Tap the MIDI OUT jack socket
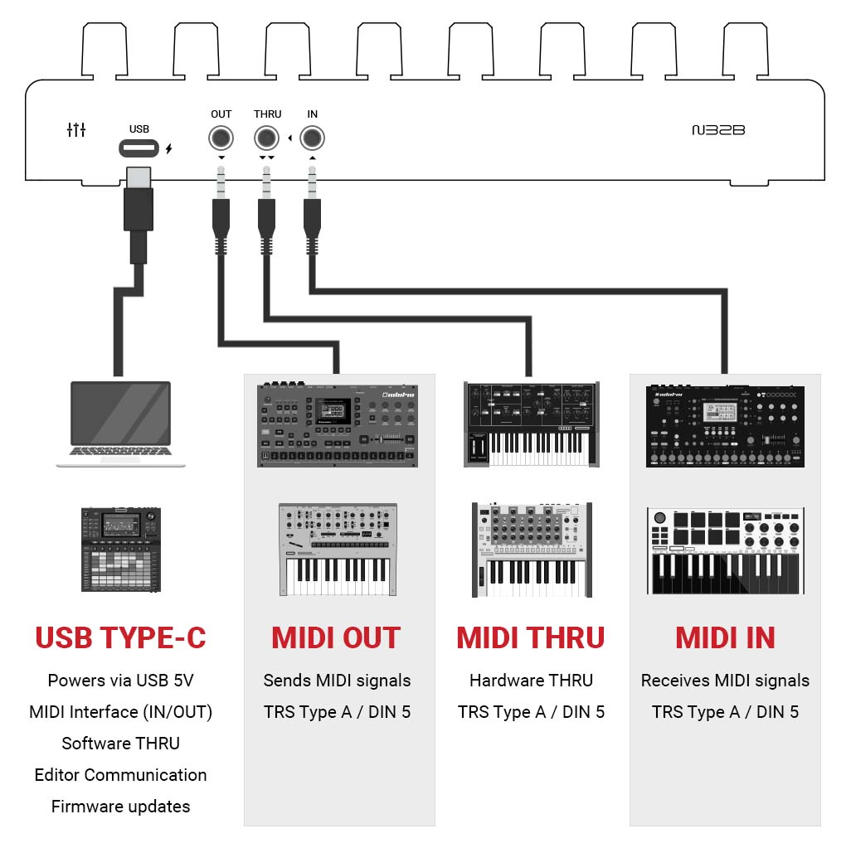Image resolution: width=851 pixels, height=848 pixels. [221, 138]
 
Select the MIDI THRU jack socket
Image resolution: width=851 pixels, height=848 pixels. [266, 138]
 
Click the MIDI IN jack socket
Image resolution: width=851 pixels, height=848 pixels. [312, 138]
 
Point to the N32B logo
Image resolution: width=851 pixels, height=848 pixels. [718, 130]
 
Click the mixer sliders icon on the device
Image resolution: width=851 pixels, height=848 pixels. [76, 129]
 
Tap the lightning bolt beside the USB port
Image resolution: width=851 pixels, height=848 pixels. [169, 149]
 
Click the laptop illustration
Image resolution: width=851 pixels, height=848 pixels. [121, 423]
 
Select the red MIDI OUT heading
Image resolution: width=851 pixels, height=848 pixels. [336, 637]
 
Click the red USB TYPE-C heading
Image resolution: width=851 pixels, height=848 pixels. [120, 637]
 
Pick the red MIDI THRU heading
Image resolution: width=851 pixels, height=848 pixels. [531, 637]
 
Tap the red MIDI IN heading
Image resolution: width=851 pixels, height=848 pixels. [725, 637]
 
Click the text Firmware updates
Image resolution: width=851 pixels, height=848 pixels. [120, 806]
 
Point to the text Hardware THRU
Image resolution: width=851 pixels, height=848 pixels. [531, 681]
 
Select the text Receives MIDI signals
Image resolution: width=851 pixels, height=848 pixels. [725, 681]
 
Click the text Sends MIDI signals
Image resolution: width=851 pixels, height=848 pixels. [337, 681]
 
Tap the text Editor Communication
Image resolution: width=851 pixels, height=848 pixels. [120, 775]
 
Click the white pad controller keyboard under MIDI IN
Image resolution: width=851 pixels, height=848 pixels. [725, 550]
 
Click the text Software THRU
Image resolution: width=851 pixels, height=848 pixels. [120, 744]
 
